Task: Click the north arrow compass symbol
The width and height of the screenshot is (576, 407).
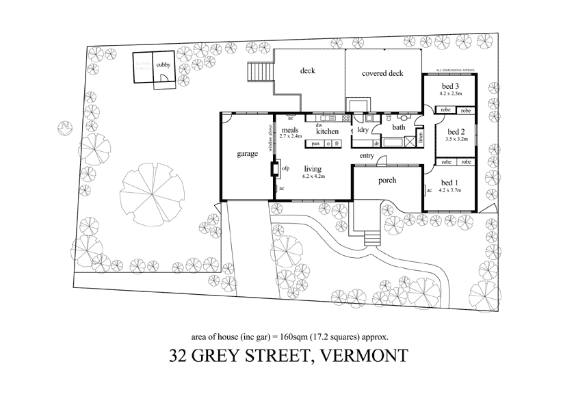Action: click(x=63, y=127)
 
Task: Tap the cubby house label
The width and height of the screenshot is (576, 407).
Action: click(x=163, y=65)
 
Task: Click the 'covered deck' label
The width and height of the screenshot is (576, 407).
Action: click(x=382, y=73)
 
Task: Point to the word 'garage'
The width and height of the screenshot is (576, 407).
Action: click(x=247, y=154)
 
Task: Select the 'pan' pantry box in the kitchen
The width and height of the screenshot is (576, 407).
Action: click(x=315, y=144)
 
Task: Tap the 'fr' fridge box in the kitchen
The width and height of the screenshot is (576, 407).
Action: click(x=337, y=144)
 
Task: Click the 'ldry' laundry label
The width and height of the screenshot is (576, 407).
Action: click(x=363, y=130)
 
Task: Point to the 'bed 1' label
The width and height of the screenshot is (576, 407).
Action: click(x=451, y=183)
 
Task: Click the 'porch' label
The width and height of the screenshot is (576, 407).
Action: click(x=386, y=181)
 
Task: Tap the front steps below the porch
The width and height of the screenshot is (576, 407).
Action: click(x=372, y=237)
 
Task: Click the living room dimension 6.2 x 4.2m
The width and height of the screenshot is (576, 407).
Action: click(x=313, y=176)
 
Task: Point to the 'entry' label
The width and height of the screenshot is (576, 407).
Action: click(x=367, y=156)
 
